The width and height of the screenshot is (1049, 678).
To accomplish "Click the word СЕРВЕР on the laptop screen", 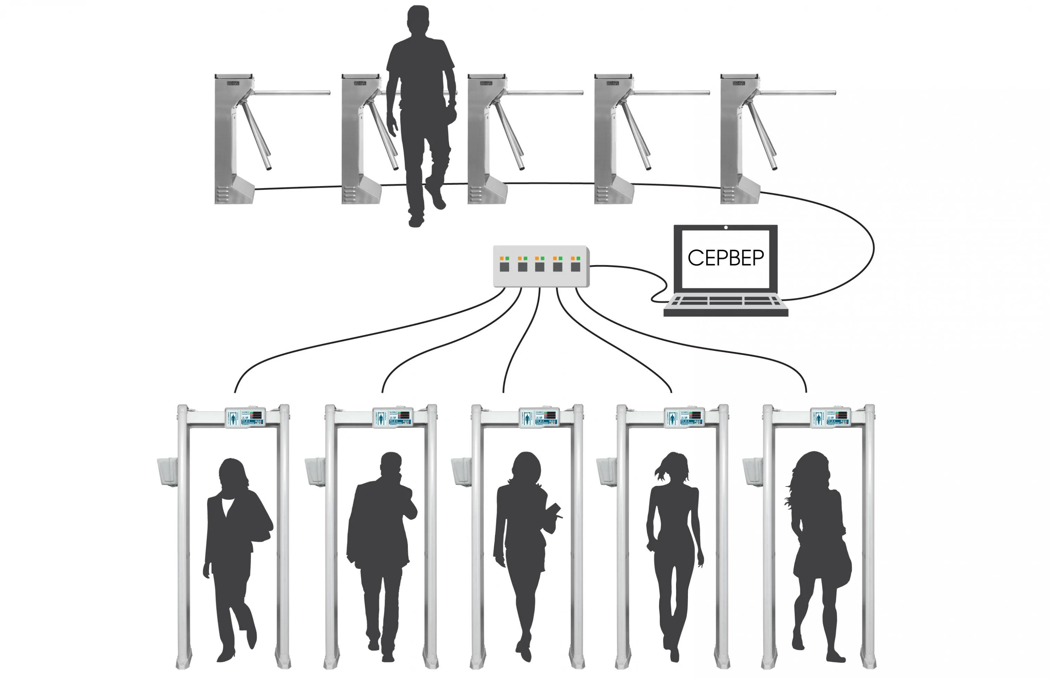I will [x=726, y=258].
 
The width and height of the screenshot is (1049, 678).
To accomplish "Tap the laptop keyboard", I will [x=726, y=301].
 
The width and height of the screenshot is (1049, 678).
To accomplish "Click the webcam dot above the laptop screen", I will [x=726, y=228].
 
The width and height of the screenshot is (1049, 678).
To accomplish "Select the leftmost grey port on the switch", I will [x=504, y=267].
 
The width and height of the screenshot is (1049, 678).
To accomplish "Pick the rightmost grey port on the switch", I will [x=575, y=267].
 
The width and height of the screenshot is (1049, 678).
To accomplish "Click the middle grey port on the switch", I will [x=540, y=267].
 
